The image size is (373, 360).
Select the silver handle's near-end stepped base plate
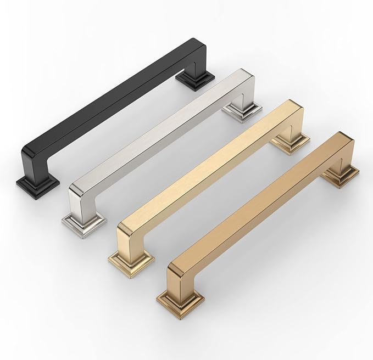pos(83,224)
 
